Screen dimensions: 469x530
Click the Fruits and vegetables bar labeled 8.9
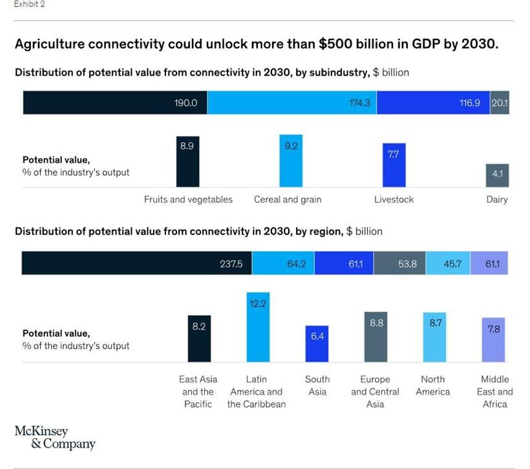187,162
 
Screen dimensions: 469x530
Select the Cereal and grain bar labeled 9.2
291,161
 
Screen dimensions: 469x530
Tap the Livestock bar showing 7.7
394,165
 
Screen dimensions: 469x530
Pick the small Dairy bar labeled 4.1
496,175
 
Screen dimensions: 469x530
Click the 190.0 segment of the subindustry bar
115,103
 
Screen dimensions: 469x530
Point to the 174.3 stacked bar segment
291,103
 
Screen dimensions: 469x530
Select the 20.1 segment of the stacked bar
499,103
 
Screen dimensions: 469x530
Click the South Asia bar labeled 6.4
317,344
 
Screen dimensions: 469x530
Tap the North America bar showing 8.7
434,337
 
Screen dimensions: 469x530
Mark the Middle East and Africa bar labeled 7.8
493,340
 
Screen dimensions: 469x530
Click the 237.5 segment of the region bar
136,264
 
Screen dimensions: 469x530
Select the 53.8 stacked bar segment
399,264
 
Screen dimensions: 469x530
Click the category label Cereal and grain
288,200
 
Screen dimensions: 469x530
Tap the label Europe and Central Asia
375,391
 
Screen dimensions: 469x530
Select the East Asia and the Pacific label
198,391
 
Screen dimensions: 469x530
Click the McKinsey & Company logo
54,437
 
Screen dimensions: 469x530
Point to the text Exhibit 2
30,5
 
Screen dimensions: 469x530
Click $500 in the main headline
335,45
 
